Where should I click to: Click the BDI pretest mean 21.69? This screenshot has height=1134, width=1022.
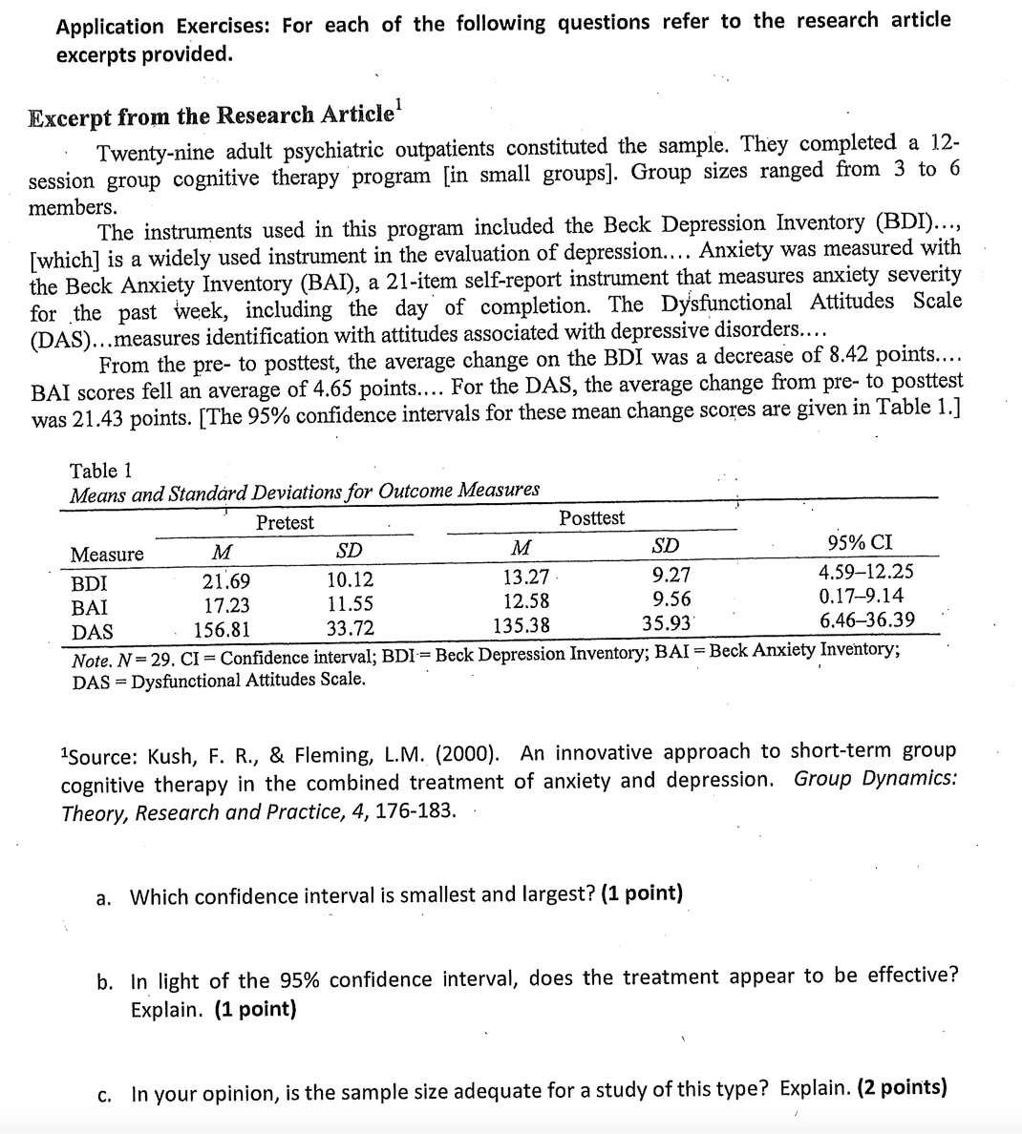coord(226,581)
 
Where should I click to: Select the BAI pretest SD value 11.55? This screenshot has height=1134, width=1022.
coord(350,604)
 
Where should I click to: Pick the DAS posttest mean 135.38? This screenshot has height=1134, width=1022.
coord(521,626)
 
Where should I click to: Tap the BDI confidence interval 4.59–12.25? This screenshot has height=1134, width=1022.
coord(865,573)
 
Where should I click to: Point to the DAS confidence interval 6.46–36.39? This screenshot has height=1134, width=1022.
coord(866,620)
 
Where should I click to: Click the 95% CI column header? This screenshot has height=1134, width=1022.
coord(860,543)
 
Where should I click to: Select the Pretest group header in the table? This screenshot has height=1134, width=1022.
coord(285,522)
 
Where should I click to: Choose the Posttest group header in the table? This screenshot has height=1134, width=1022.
coord(592,517)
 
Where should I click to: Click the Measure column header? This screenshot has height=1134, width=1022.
coord(107,555)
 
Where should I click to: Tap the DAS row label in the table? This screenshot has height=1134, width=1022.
coord(92,632)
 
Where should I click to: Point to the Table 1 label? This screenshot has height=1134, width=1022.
coord(100,471)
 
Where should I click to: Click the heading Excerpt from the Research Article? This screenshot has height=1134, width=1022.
coord(211,116)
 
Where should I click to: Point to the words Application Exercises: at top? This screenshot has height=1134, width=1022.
coord(164,26)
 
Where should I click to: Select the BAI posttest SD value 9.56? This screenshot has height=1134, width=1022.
coord(671,598)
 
